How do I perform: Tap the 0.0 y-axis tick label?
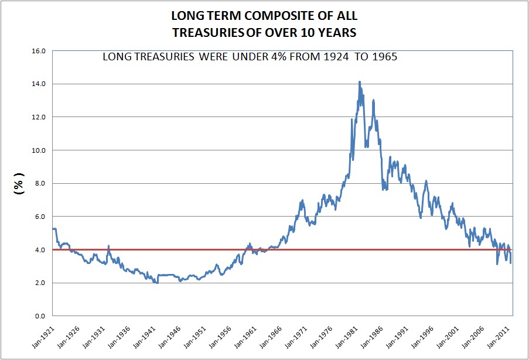40,316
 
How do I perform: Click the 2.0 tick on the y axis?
40,283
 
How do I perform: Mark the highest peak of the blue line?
359,82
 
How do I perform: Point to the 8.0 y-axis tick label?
40,184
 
